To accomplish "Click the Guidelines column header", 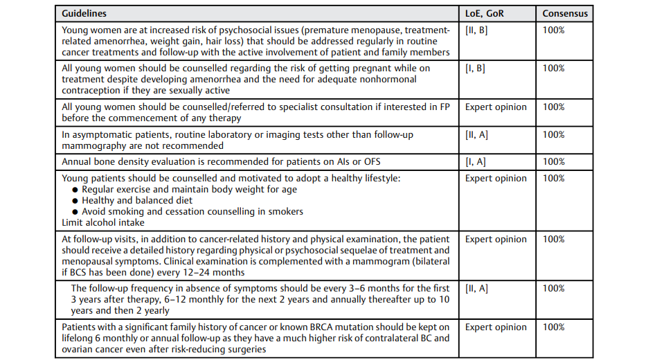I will click(84, 14).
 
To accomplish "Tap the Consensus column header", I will click(565, 14).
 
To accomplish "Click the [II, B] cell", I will click(476, 30).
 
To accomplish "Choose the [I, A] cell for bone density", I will click(476, 162).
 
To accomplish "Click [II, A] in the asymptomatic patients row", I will click(476, 135).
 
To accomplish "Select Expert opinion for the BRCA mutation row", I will click(496, 327).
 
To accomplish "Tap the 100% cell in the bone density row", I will click(553, 162).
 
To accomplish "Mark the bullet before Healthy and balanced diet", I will click(75, 201).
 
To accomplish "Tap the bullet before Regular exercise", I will click(75, 190).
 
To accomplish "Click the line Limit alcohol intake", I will click(103, 223).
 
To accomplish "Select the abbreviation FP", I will click(444, 107).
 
